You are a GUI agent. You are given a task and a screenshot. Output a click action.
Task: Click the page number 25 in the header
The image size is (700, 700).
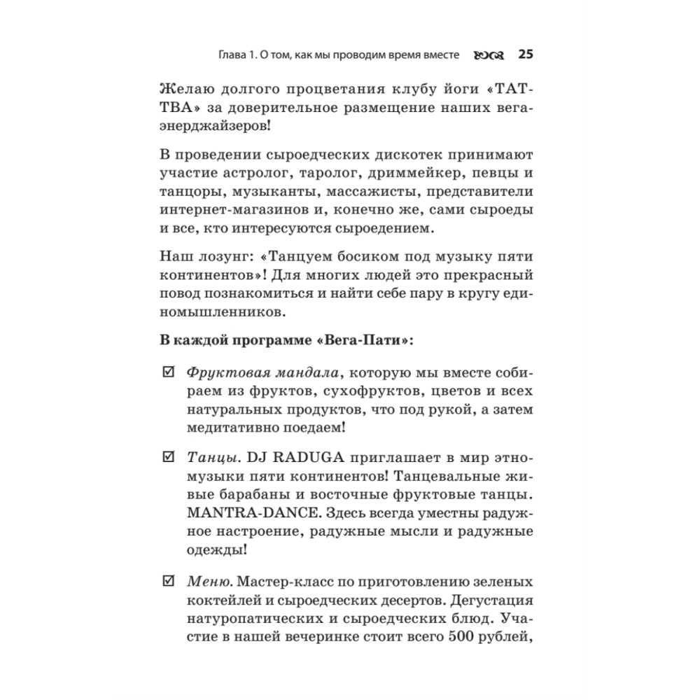pyautogui.click(x=526, y=55)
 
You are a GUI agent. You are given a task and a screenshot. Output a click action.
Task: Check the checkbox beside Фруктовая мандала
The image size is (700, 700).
pyautogui.click(x=167, y=370)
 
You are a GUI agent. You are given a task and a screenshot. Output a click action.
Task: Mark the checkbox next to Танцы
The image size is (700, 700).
pyautogui.click(x=167, y=457)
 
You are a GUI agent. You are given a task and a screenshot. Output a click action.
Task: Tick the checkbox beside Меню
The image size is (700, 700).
pyautogui.click(x=167, y=581)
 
